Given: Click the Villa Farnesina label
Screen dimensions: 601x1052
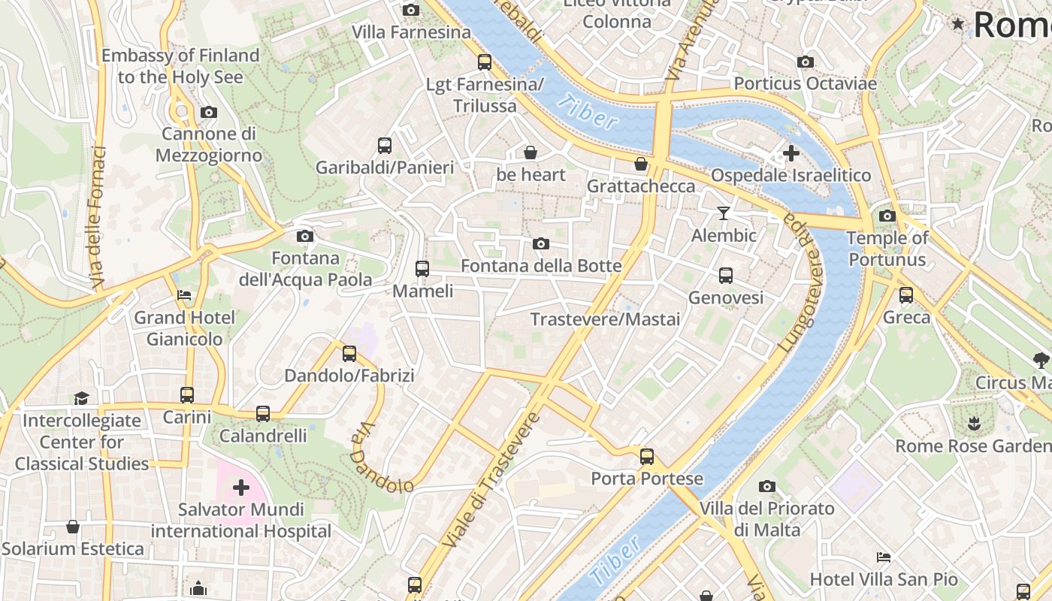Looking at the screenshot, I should click(x=411, y=32).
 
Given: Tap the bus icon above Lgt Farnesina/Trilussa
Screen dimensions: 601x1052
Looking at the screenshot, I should click(x=485, y=62).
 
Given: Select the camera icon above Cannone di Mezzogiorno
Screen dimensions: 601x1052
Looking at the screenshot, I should click(x=209, y=113).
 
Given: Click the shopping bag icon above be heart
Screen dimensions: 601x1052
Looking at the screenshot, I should click(x=531, y=153).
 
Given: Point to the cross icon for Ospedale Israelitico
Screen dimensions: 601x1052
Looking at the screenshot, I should click(x=791, y=154).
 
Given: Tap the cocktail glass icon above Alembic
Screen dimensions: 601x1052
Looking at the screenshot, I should click(x=723, y=213).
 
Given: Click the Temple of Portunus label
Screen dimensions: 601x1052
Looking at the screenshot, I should click(x=887, y=249).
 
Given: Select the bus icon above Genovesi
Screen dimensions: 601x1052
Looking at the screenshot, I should click(x=725, y=276).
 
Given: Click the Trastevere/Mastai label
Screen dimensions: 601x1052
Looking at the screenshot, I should click(x=605, y=319).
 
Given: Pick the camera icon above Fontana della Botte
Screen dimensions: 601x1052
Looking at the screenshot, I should click(x=540, y=244).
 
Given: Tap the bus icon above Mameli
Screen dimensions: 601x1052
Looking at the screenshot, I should click(x=422, y=269).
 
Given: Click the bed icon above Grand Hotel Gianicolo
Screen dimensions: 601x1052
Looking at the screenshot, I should click(x=184, y=295).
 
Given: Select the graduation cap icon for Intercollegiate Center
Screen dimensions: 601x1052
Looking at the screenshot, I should click(x=81, y=398).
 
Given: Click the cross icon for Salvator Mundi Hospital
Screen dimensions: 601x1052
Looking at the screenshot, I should click(x=241, y=488).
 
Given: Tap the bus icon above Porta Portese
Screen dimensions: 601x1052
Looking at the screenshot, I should click(x=646, y=457).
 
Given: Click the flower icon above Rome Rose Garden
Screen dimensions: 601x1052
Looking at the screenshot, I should click(x=974, y=424).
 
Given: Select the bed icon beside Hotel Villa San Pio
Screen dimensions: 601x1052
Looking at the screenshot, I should click(x=884, y=557).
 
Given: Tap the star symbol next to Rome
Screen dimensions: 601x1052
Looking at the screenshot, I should click(x=957, y=24).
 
